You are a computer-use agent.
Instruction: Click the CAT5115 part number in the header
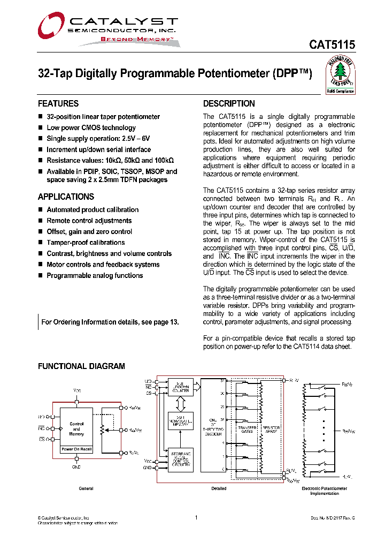[x=332, y=45]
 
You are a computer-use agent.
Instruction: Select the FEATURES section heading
[x=58, y=103]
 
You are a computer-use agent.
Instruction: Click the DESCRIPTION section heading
[x=229, y=103]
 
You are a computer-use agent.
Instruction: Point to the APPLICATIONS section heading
[x=66, y=197]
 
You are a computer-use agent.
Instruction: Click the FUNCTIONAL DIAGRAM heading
[x=81, y=366]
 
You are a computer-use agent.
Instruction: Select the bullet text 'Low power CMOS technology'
[x=91, y=127]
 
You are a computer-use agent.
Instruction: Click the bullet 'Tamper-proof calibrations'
[x=86, y=243]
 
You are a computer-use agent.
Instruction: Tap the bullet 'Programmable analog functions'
[x=95, y=275]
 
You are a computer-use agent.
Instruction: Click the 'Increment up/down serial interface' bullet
[x=98, y=149]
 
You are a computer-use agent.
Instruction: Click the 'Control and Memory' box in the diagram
[x=76, y=428]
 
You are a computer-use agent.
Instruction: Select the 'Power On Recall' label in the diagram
[x=76, y=449]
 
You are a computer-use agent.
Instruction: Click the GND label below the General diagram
[x=76, y=467]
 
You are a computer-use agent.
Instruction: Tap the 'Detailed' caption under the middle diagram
[x=219, y=488]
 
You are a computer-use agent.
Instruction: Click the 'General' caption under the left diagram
[x=86, y=488]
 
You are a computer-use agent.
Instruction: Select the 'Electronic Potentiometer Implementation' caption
[x=325, y=491]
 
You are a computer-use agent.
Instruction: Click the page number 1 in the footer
[x=197, y=517]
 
